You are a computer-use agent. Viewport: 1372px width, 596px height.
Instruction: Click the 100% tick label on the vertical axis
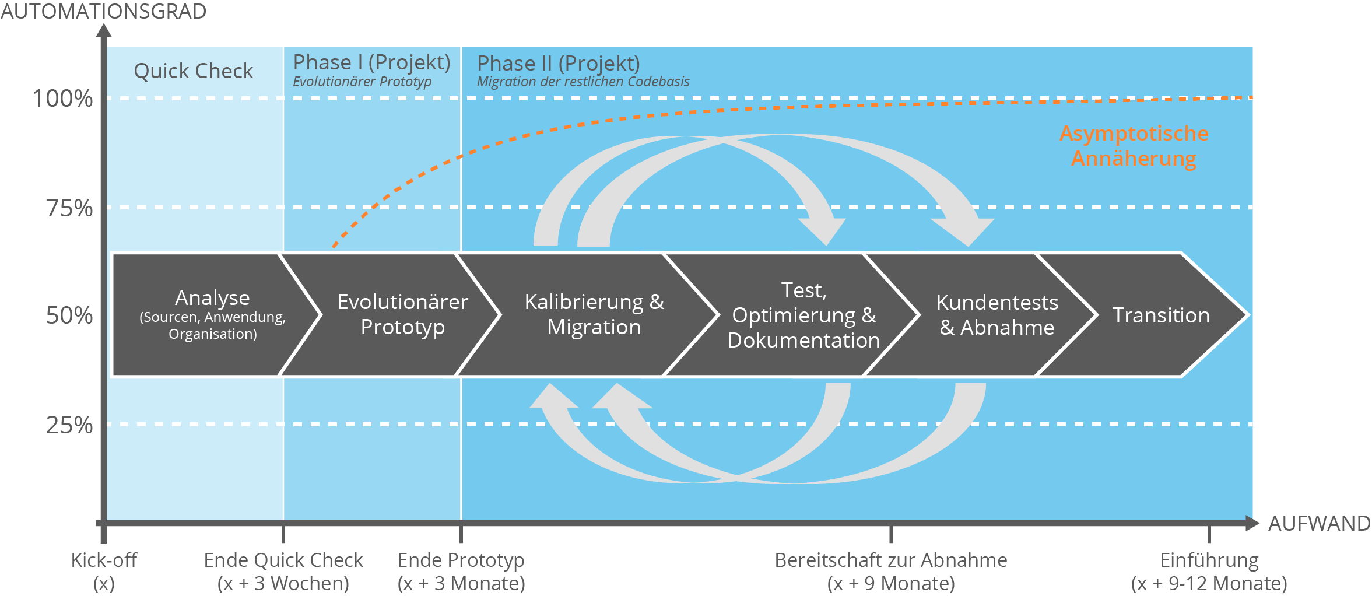click(x=62, y=99)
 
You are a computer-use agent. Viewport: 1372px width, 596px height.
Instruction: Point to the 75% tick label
click(x=69, y=208)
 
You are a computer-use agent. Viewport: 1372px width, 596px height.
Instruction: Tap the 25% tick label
click(x=69, y=425)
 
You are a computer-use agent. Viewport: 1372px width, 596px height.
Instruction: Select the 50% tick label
click(x=69, y=315)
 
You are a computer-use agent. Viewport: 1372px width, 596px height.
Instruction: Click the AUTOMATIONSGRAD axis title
click(x=103, y=11)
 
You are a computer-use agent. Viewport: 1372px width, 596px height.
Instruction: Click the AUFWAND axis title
click(x=1319, y=523)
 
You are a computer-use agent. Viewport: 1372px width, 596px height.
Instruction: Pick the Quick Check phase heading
click(x=194, y=71)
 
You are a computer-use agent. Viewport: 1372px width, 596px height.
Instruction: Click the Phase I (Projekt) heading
click(x=371, y=62)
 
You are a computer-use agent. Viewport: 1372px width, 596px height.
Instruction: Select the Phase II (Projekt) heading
click(x=559, y=63)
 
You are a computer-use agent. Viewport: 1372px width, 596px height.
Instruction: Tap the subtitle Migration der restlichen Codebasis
click(x=583, y=82)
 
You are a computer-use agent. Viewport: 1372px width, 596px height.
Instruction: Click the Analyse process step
click(x=212, y=315)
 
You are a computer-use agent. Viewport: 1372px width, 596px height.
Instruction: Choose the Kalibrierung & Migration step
click(x=594, y=315)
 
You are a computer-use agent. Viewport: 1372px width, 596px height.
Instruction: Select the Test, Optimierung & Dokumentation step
click(x=803, y=315)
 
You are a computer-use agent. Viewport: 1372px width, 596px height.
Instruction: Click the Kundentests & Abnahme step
click(x=997, y=315)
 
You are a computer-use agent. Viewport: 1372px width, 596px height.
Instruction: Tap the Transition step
click(x=1161, y=315)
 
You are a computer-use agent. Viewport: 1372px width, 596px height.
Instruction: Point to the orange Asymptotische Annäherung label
click(x=1134, y=146)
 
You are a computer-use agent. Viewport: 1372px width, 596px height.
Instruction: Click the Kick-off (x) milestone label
click(x=104, y=572)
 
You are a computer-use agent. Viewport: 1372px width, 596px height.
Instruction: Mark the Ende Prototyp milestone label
click(x=461, y=572)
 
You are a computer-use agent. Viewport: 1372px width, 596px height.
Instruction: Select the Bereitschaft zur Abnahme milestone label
click(x=891, y=572)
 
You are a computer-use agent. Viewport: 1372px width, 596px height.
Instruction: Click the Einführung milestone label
click(x=1209, y=572)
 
